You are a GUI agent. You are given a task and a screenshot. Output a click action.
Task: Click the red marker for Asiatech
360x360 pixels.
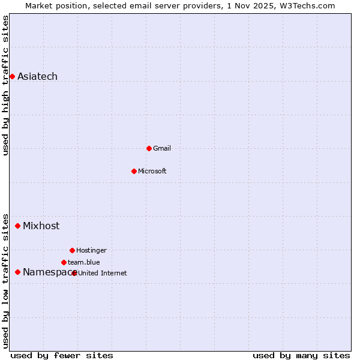pyautogui.click(x=12, y=76)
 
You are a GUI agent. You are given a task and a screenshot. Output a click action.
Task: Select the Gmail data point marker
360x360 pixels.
pyautogui.click(x=149, y=148)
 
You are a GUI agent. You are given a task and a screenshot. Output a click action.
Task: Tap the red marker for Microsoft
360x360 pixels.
pyautogui.click(x=134, y=171)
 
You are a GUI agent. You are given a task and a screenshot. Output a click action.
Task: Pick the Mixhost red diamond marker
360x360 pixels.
pyautogui.click(x=17, y=226)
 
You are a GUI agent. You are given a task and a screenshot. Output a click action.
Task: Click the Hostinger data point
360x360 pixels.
pyautogui.click(x=72, y=250)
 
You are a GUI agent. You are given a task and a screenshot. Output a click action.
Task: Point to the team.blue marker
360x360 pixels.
pyautogui.click(x=64, y=262)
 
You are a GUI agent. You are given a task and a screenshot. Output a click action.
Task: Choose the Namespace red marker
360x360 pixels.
pyautogui.click(x=17, y=272)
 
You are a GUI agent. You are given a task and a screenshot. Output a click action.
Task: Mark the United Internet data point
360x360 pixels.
pyautogui.click(x=74, y=273)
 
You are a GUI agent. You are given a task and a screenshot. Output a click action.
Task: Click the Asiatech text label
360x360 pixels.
pyautogui.click(x=37, y=76)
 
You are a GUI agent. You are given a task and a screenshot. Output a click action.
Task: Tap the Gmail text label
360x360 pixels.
pyautogui.click(x=162, y=148)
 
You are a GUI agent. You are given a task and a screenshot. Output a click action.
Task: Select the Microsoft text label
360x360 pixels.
pyautogui.click(x=152, y=171)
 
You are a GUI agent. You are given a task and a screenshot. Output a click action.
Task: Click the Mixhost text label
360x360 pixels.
pyautogui.click(x=41, y=226)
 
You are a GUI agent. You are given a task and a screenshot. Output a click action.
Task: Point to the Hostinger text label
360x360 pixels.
pyautogui.click(x=91, y=250)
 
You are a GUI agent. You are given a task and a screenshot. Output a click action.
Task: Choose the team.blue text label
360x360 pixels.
pyautogui.click(x=84, y=262)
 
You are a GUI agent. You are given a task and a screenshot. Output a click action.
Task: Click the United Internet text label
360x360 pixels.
pyautogui.click(x=103, y=273)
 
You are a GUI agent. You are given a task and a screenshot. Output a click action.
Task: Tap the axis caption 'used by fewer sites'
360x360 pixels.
pyautogui.click(x=62, y=355)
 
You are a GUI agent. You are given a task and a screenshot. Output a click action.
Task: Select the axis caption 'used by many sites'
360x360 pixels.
pyautogui.click(x=301, y=355)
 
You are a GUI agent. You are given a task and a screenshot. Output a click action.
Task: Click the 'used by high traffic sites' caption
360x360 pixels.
pyautogui.click(x=6, y=85)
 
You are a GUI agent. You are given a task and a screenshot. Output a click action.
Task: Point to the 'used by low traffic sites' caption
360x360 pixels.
pyautogui.click(x=6, y=280)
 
